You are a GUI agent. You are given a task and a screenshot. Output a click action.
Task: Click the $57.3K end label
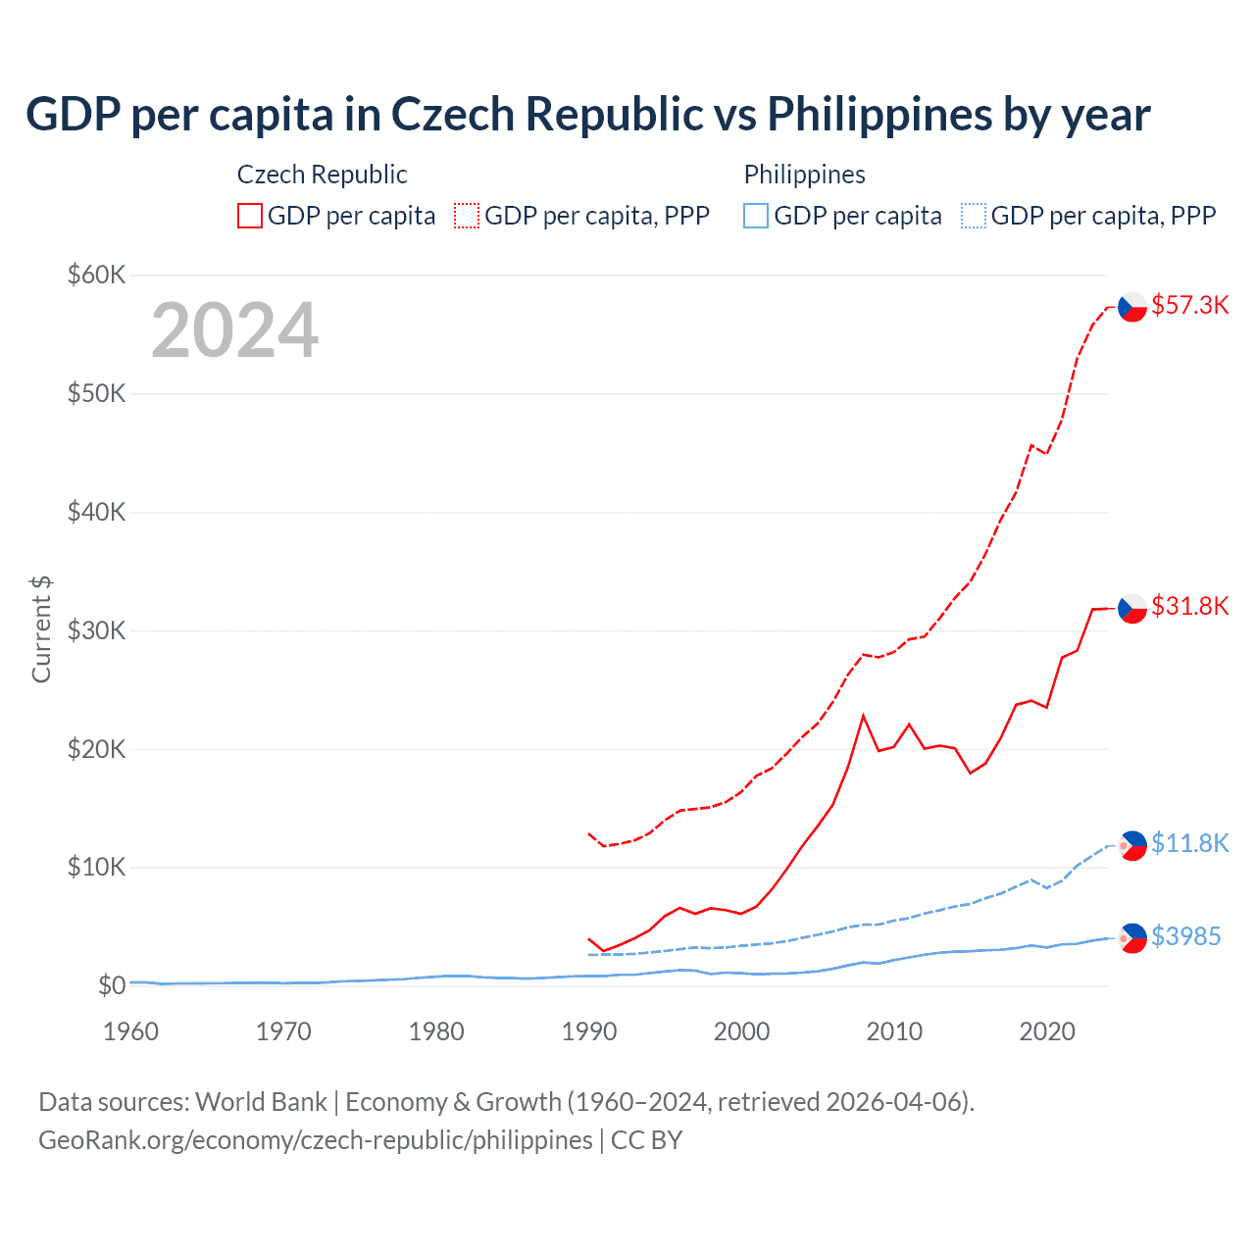tap(1189, 305)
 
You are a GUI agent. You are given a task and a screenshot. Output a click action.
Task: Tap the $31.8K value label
tap(1189, 606)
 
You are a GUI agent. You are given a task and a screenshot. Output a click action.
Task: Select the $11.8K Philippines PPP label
tap(1189, 843)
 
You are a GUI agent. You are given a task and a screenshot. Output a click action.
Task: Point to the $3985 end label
tap(1185, 936)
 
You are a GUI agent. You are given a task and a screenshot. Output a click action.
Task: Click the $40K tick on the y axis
tap(96, 512)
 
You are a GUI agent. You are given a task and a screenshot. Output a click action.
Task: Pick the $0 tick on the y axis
tap(111, 985)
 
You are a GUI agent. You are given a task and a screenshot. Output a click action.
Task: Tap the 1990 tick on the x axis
tap(589, 1031)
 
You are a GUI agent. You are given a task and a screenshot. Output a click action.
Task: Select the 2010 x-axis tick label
tap(894, 1031)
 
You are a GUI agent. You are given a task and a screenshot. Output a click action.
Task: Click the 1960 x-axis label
tap(131, 1031)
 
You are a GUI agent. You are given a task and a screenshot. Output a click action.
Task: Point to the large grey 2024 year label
tap(234, 330)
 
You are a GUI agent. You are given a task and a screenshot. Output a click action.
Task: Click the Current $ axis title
tap(41, 629)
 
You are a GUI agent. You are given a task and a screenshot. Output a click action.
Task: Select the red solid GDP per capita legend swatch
tap(250, 216)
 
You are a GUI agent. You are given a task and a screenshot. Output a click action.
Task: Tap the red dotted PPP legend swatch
tap(467, 216)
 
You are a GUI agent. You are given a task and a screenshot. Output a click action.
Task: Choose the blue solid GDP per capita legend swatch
tap(756, 216)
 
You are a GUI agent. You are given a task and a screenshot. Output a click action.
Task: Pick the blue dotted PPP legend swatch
tap(974, 216)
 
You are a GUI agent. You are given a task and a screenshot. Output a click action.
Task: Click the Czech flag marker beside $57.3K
tap(1132, 307)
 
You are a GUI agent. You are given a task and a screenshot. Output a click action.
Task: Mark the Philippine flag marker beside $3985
tap(1132, 938)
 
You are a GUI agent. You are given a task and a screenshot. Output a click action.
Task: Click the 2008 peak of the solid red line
tap(863, 716)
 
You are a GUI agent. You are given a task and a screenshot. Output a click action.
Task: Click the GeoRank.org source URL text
tap(316, 1140)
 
